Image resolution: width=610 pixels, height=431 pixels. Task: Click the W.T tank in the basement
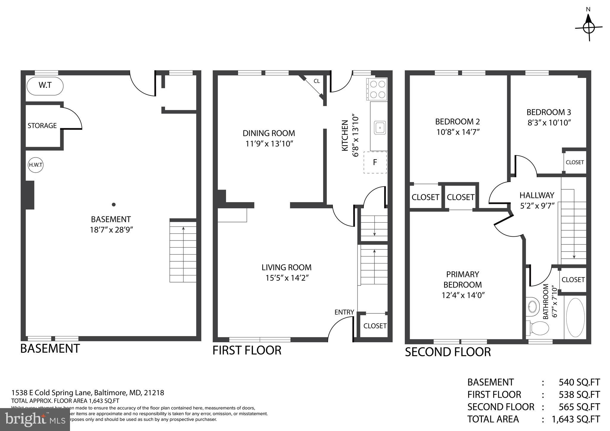pos(45,86)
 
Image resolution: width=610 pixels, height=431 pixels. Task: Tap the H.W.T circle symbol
pos(35,165)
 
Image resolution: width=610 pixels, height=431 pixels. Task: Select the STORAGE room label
pos(42,126)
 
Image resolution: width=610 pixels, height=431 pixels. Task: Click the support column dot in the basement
pos(113,204)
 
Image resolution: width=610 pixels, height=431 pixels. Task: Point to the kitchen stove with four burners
pos(377,89)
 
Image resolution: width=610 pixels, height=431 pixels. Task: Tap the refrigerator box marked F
pos(375,162)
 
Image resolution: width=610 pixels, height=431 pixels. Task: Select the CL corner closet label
pos(317,81)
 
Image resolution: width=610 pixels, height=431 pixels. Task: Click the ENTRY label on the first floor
pos(344,312)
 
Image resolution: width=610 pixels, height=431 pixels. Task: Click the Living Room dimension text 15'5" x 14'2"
pos(287,278)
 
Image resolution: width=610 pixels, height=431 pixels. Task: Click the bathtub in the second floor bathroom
pos(575,318)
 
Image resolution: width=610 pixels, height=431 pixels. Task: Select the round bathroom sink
pos(533,306)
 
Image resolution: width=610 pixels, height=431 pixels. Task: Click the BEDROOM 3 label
pos(549,112)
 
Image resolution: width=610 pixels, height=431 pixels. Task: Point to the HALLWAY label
pos(537,195)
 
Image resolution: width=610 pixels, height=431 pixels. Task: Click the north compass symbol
pos(589,28)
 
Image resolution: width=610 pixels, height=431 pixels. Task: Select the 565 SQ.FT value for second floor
pos(579,407)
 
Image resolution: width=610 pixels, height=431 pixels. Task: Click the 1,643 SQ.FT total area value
pos(575,419)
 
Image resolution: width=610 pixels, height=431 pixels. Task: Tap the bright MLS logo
pos(35,419)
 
